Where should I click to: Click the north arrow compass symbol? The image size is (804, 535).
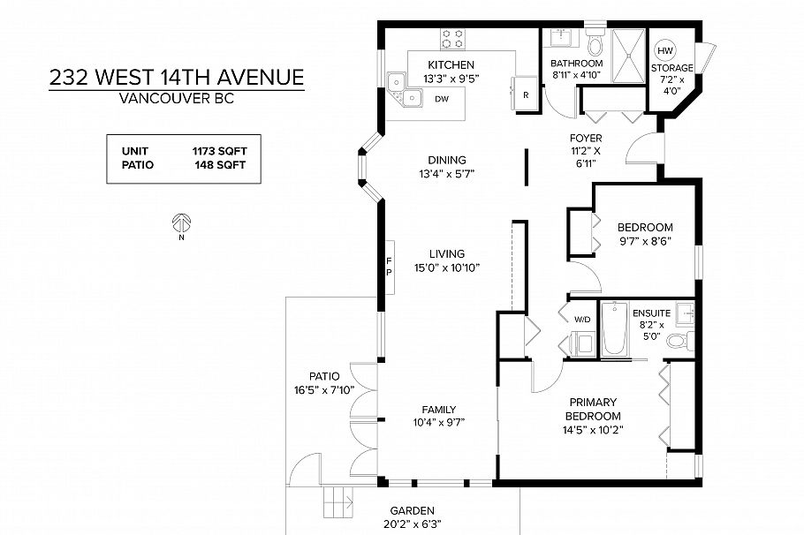coord(182,222)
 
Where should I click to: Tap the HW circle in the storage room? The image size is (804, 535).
coord(664,50)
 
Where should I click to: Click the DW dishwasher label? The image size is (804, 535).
coord(442,98)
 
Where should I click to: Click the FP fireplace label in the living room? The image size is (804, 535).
coord(389,266)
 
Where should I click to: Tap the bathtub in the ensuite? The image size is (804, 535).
coord(614,329)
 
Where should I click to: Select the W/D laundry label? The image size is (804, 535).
coord(583,319)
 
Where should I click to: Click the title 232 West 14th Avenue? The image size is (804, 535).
coord(177,77)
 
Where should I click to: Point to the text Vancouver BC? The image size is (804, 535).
coord(177,98)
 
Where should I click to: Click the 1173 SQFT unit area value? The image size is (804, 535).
coord(220,151)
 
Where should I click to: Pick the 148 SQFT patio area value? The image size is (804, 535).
coord(220,164)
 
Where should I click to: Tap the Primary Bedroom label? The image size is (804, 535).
coord(594,408)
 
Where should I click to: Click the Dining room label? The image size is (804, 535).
coord(446,160)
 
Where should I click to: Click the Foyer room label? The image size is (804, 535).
coord(586,139)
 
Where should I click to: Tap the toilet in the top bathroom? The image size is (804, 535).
coord(595,44)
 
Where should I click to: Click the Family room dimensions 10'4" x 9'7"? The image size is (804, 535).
coord(438,422)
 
